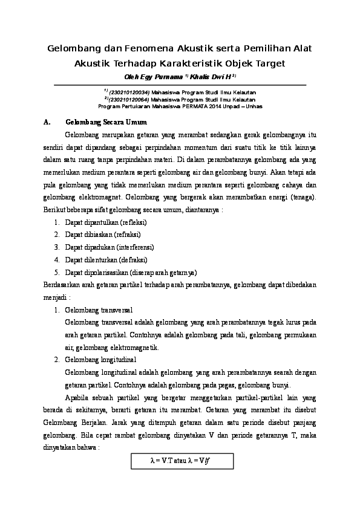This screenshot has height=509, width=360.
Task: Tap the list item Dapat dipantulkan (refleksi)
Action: [106, 222]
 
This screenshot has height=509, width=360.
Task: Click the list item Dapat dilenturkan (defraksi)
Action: [106, 259]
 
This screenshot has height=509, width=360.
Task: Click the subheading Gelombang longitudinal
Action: [100, 360]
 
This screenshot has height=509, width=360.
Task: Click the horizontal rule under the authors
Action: [180, 85]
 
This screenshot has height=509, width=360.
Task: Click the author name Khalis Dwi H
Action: [213, 77]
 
